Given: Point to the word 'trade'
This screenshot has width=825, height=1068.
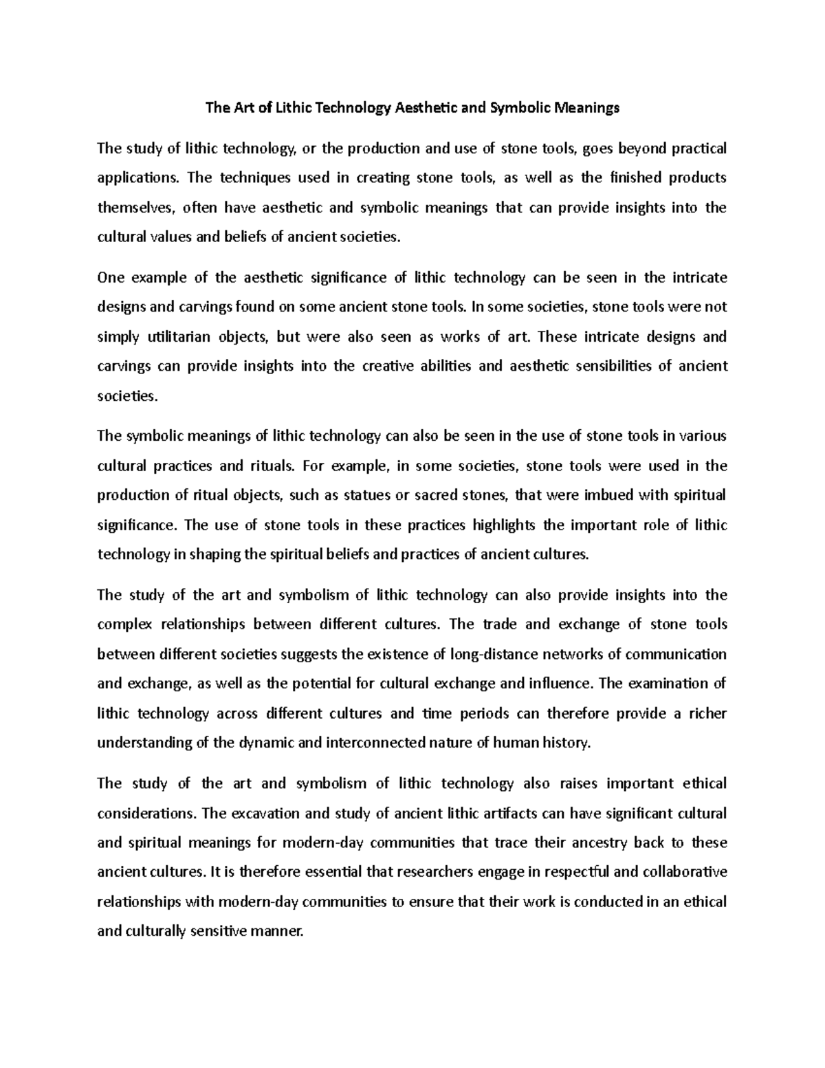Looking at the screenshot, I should coord(500,624).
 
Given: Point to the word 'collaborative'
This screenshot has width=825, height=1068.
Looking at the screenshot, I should coord(685,873).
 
